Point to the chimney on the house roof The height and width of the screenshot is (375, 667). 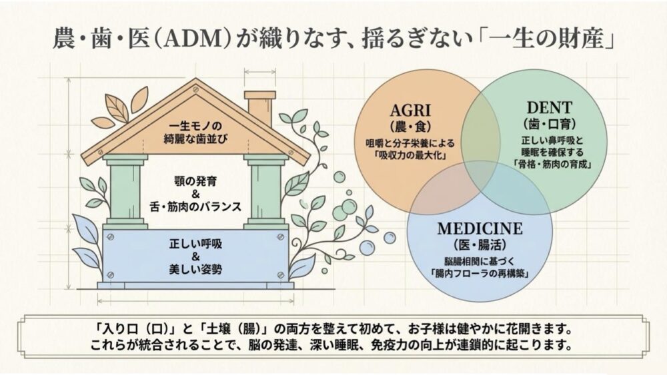point(255,108)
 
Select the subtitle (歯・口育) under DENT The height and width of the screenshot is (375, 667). point(546,125)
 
